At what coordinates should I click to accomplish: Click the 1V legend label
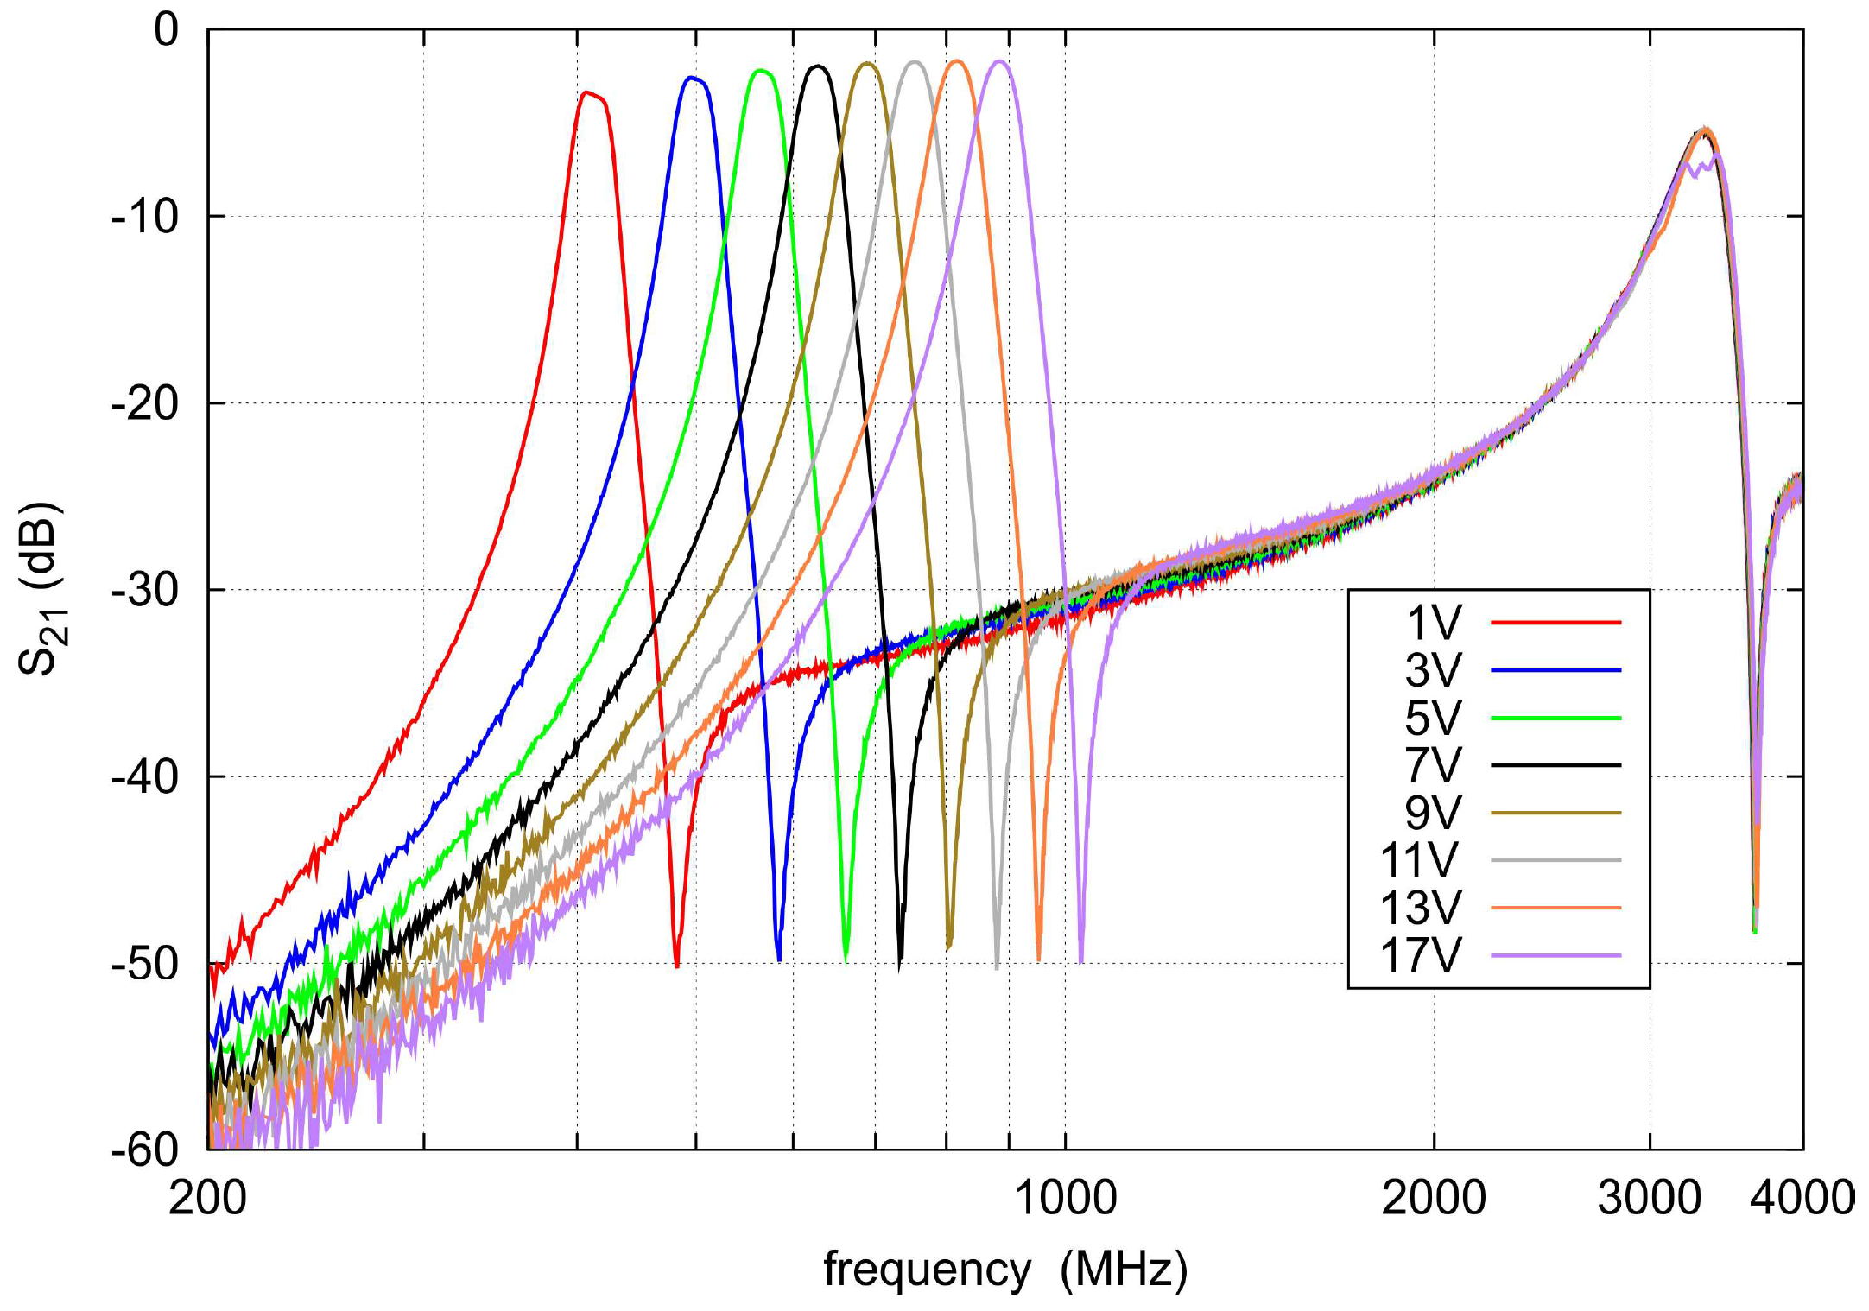(1433, 622)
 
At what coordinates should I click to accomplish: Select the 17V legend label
(1421, 955)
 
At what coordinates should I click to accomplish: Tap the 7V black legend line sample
(1555, 765)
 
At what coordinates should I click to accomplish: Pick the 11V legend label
(1421, 860)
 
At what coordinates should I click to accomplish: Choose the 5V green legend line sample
(1555, 718)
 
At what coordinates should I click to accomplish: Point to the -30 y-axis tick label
(145, 590)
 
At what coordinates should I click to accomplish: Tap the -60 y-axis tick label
(145, 1149)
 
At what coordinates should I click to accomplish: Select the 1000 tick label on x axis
(1065, 1199)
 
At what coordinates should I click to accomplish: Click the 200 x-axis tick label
(207, 1199)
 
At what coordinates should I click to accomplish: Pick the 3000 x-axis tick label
(1649, 1199)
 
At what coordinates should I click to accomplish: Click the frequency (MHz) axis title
(1005, 1270)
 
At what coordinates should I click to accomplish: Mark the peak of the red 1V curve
(587, 92)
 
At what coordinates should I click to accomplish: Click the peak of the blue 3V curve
(692, 78)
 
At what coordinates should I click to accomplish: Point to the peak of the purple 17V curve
(1000, 61)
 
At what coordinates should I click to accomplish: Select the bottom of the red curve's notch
(676, 965)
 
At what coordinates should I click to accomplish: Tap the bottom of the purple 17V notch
(1080, 960)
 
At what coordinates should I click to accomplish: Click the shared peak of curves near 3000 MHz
(1705, 129)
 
